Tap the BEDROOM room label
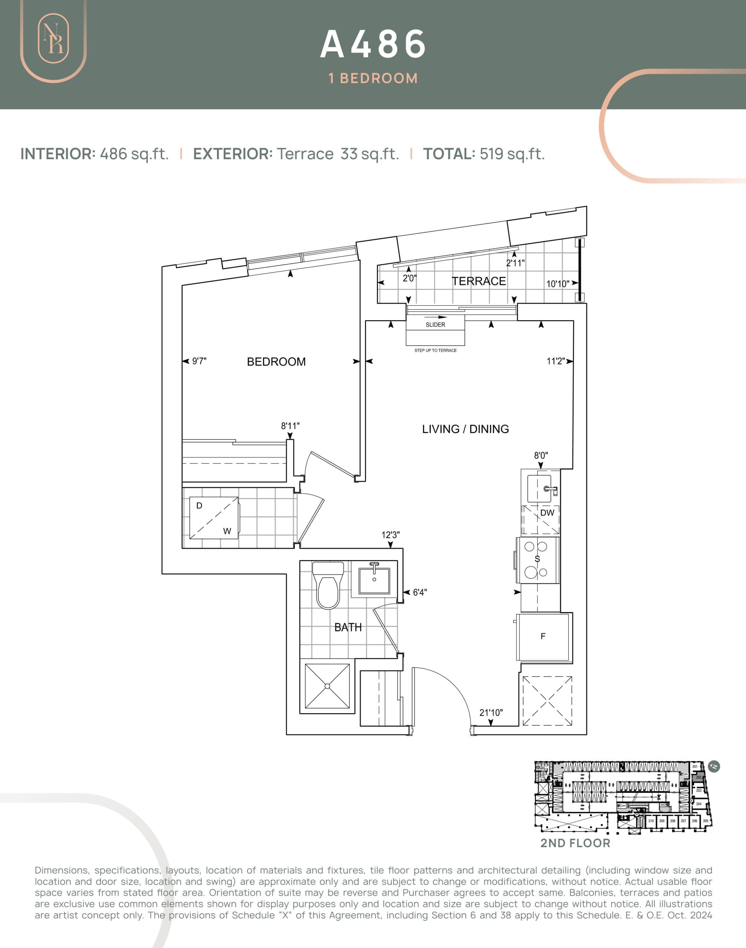tap(276, 362)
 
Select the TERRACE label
tap(479, 281)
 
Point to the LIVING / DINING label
tap(465, 429)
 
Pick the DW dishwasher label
tap(547, 513)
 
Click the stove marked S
tap(537, 559)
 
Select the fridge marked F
tap(543, 637)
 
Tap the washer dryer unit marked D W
tap(214, 518)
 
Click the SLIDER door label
tap(435, 325)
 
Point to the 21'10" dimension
tap(491, 712)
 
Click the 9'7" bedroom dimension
tap(199, 361)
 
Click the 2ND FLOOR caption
tap(575, 843)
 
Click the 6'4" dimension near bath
tap(420, 592)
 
